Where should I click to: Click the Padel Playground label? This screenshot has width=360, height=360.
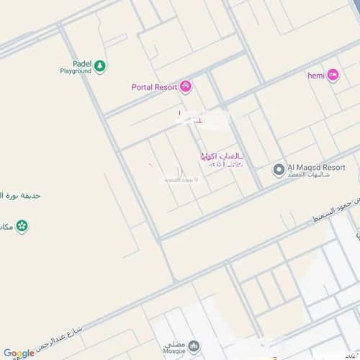[76, 67]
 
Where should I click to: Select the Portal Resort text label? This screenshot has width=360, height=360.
[154, 87]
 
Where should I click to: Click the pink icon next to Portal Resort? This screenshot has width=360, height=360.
[186, 87]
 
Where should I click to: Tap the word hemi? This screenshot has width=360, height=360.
[316, 74]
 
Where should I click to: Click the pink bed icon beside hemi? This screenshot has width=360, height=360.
[333, 74]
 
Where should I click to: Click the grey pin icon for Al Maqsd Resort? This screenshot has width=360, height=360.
[278, 170]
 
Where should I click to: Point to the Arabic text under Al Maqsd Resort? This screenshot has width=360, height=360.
[309, 175]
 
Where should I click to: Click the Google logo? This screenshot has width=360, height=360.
[19, 353]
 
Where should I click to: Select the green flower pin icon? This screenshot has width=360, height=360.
[23, 226]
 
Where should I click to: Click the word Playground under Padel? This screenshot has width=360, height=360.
[76, 71]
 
